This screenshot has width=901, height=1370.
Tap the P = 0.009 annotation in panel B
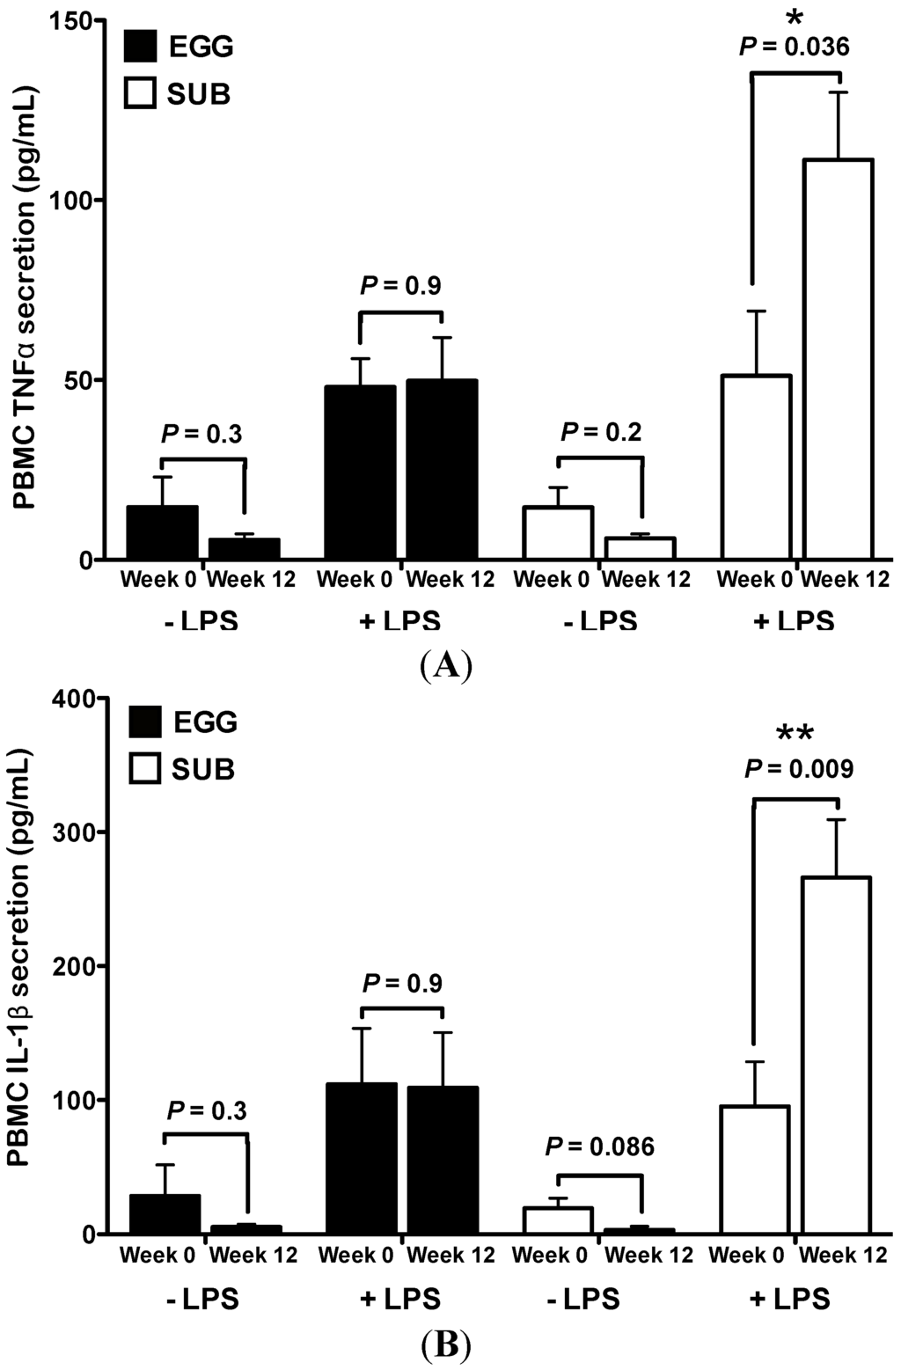799,769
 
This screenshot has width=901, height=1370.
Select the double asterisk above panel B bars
795,734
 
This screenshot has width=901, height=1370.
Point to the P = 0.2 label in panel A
601,431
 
